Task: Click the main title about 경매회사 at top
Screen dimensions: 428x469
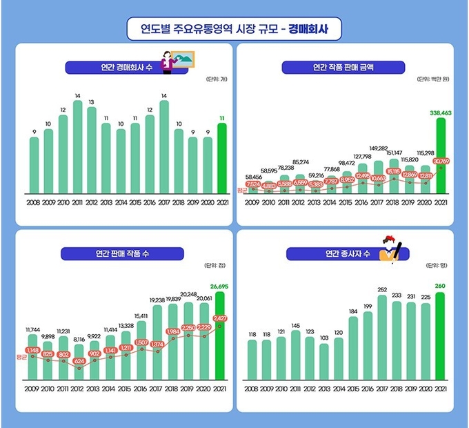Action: pos(234,30)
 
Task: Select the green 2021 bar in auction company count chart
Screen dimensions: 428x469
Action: pos(221,159)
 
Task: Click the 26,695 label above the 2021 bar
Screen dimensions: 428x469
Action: pos(221,285)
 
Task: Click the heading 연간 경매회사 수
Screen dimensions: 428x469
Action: pos(112,68)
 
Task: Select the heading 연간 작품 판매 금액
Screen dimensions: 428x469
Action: pos(344,68)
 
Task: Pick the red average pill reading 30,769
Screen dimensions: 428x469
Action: pos(441,161)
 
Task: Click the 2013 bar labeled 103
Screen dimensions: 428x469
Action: pos(323,362)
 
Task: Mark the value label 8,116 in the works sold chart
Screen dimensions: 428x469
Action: pos(79,340)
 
